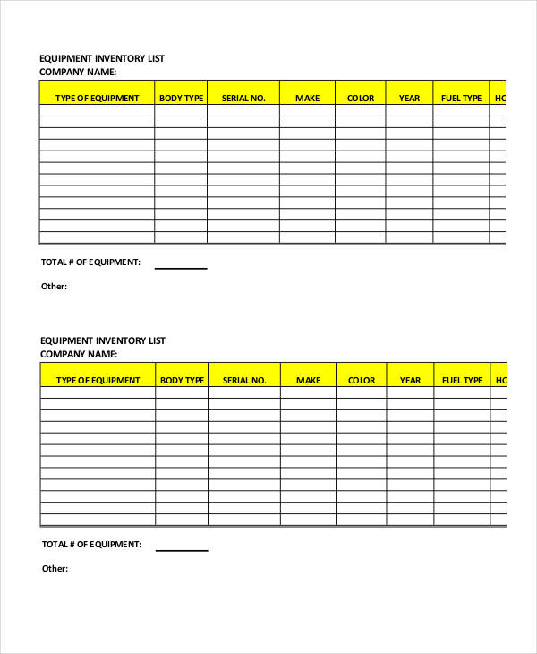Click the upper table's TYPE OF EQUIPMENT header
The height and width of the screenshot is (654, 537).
pos(98,98)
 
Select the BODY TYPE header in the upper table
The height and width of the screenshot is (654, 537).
pos(181,98)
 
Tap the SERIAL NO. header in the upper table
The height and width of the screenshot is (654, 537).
pos(243,98)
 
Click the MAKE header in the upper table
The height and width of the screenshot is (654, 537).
pos(307,98)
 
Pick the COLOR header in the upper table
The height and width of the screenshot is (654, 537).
pos(361,98)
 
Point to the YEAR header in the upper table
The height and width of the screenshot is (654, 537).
pos(409,98)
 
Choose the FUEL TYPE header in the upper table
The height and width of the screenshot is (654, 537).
pos(462,98)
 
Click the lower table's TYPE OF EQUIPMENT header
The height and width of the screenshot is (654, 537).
pos(98,380)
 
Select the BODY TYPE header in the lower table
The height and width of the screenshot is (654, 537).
pos(182,380)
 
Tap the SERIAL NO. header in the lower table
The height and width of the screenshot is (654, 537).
pos(244,380)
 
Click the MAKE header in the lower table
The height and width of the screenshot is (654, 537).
pos(308,380)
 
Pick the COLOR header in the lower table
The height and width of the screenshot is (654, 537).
pos(362,380)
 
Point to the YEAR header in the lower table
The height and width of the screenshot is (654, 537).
pos(410,380)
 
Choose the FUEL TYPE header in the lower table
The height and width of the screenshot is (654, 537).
pos(463,380)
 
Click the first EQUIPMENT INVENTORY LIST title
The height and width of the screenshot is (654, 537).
pos(102,58)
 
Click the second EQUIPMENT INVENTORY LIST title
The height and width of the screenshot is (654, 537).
pos(103,340)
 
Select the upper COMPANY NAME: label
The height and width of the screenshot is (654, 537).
pos(78,72)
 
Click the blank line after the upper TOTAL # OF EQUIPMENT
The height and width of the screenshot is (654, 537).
pos(181,266)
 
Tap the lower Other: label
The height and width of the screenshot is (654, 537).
pos(55,568)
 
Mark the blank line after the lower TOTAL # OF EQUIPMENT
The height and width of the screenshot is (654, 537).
pos(182,548)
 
